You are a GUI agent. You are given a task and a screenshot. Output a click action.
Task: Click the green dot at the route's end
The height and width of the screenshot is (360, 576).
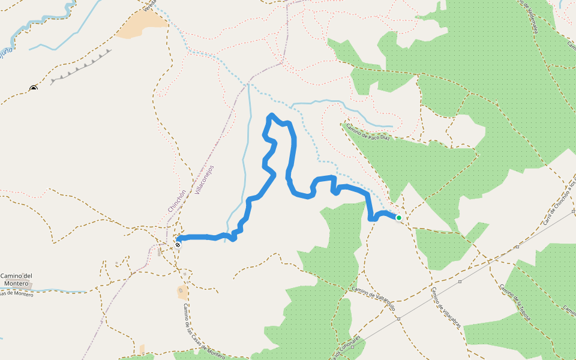[398, 218]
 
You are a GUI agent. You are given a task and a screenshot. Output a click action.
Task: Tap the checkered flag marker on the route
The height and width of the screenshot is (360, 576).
[178, 244]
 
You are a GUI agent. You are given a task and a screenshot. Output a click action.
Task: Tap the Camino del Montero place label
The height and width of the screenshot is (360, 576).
[16, 280]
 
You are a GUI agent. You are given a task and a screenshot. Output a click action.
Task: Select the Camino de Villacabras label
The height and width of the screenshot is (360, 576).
[445, 307]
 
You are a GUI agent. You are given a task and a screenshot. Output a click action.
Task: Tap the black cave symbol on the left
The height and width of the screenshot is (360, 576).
[34, 89]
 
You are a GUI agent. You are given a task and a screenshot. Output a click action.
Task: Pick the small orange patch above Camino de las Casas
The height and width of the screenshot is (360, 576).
[182, 292]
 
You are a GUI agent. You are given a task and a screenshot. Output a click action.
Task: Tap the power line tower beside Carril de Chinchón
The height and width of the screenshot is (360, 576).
[517, 247]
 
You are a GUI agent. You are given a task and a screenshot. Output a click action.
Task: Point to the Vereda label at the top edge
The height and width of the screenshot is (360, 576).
[151, 5]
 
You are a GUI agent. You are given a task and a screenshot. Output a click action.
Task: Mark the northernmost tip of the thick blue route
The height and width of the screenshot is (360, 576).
[272, 115]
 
